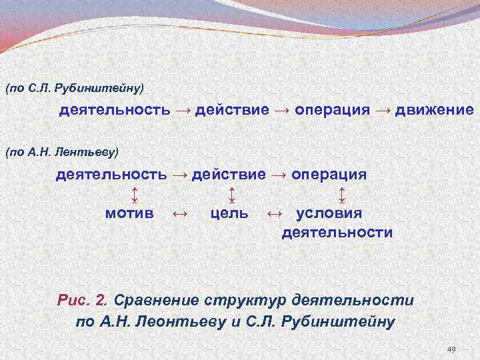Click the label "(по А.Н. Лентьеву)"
[x=61, y=153]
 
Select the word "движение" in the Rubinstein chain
[x=434, y=109]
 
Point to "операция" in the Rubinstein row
[x=332, y=109]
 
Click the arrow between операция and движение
[x=383, y=109]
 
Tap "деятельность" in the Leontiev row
[x=111, y=175]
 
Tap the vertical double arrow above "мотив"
[x=134, y=195]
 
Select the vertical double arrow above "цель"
[x=231, y=195]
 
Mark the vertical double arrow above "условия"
[x=341, y=195]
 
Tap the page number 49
[x=451, y=350]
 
